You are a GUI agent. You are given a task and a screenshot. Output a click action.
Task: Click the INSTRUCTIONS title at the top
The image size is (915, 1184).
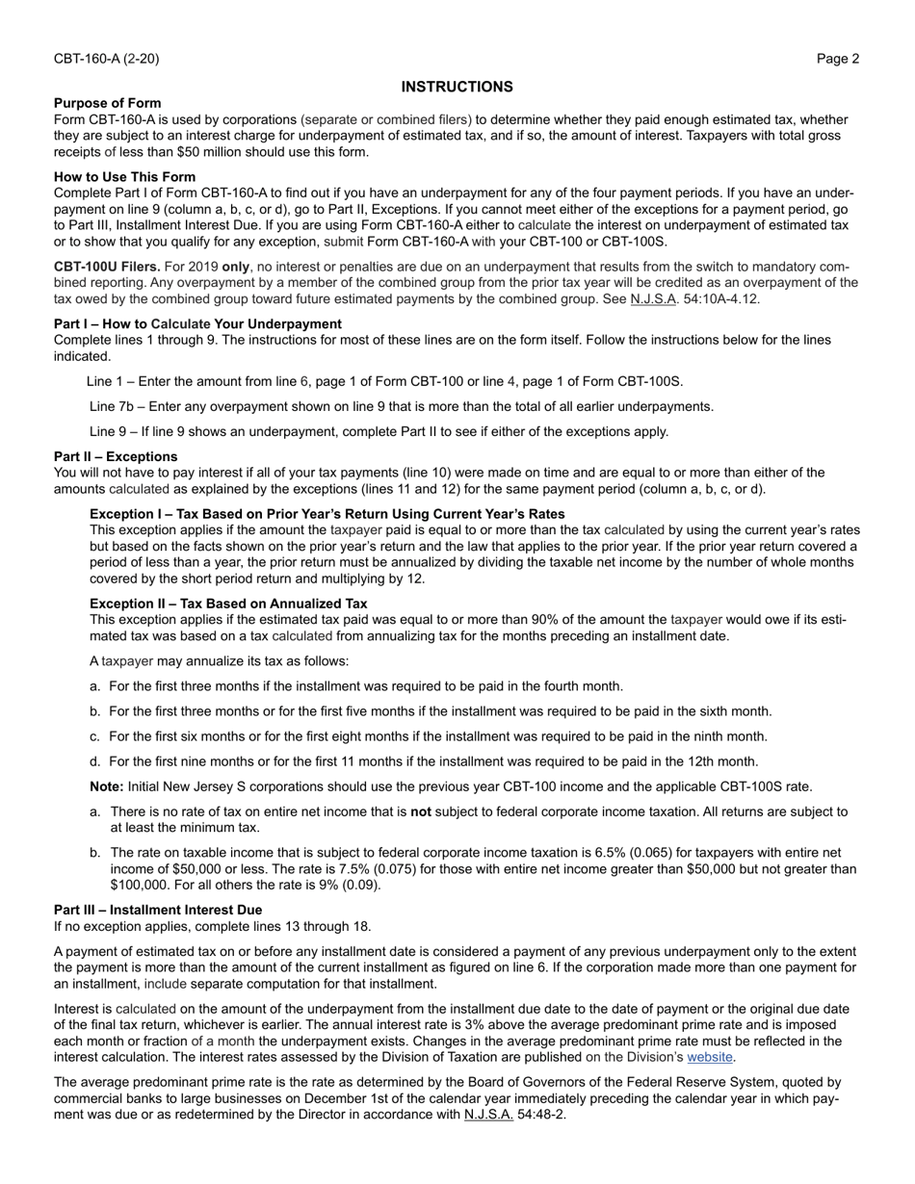tap(457, 87)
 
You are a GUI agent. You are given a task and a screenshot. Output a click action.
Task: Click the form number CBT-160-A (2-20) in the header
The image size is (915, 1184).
tap(106, 59)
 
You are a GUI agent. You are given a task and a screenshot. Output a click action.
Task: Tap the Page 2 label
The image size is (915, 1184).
tap(838, 59)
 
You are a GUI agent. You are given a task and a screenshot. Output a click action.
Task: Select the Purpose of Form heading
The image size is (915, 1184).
tap(108, 103)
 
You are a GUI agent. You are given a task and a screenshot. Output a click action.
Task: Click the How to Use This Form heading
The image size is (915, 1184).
tap(124, 176)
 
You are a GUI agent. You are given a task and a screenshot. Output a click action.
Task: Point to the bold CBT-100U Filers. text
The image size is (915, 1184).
tap(107, 266)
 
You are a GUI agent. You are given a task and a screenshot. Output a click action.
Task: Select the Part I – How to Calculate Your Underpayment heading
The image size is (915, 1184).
tap(197, 323)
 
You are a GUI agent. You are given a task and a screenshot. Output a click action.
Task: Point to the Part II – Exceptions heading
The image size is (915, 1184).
tap(116, 456)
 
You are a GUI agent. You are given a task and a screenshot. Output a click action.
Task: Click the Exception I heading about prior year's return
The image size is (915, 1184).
tap(327, 513)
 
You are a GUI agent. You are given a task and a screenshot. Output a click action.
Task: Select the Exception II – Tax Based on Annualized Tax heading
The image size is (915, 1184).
tap(228, 604)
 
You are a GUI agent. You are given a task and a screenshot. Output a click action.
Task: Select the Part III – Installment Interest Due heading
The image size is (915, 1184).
tap(158, 910)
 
